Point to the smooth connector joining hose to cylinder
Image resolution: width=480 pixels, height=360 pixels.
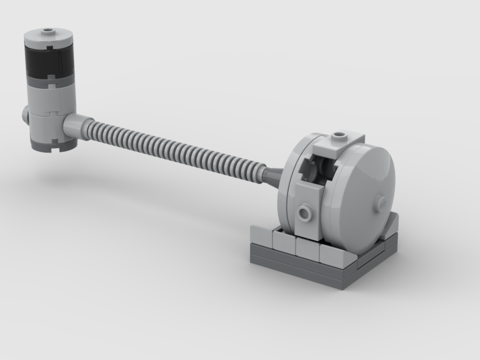73,126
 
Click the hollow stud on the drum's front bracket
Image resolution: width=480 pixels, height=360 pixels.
304,211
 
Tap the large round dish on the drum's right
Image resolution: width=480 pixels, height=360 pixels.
365,192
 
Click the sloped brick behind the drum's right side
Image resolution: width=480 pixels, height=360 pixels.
390,226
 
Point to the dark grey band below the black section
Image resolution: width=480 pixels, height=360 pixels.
50,81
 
